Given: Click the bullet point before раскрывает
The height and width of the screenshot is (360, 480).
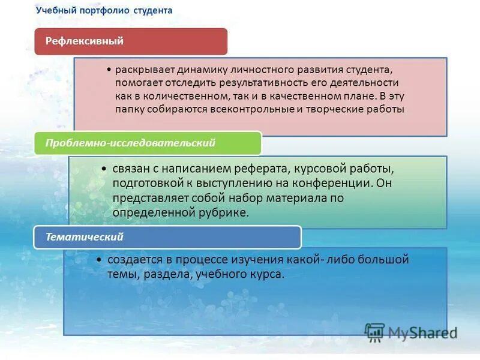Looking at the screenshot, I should (x=112, y=70).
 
